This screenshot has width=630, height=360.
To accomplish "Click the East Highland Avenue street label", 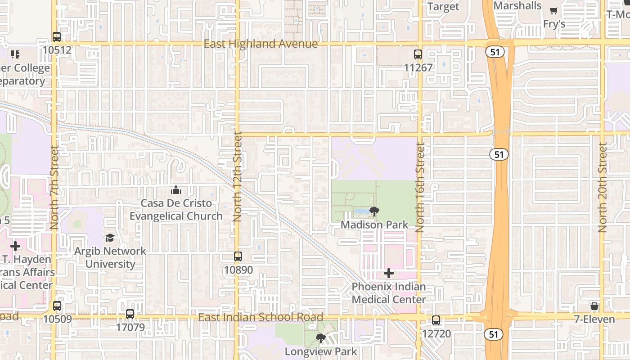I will point(261,44).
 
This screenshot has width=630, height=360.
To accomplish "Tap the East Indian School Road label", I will point(261,317).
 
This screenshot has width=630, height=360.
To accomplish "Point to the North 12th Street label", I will point(238,176).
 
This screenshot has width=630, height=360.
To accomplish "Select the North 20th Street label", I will point(603,187).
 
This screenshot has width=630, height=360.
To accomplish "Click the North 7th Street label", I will point(55,187).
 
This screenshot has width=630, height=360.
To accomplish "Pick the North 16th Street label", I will point(420,187).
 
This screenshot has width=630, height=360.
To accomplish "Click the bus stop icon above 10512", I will point(57,37).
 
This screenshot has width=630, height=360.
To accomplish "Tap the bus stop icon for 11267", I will point(418,54).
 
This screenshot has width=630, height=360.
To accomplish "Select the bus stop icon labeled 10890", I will point(238,256).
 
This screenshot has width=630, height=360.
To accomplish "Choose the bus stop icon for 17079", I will point(130,314).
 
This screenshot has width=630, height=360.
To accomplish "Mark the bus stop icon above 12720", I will point(436,320).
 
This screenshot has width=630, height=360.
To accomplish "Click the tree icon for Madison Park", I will point(374,211).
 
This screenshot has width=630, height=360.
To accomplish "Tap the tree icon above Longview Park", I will point(320,338).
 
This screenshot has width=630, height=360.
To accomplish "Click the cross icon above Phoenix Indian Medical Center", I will point(389,273).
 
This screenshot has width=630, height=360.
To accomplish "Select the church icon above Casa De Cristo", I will point(176,190).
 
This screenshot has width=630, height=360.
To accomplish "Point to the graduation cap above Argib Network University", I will point(110,238).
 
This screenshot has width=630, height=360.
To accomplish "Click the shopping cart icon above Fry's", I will point(554,11).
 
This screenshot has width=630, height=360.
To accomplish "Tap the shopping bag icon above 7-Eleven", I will point(594,306).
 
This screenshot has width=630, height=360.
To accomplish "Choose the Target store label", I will point(443,6).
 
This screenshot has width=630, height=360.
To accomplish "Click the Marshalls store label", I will point(517,6).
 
